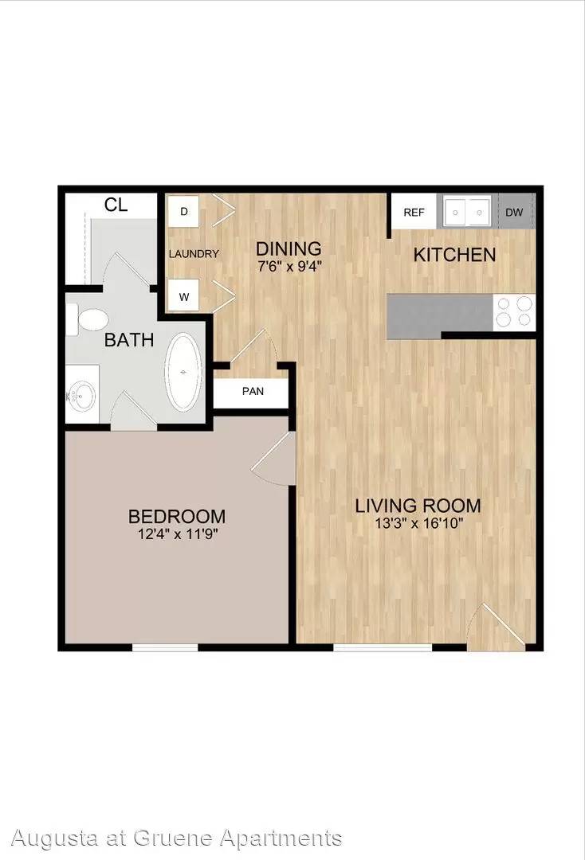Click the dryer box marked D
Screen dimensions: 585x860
point(184,211)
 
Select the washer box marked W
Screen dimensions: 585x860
point(184,297)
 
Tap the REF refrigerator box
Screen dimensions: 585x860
point(414,212)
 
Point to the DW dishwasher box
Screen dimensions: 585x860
point(514,212)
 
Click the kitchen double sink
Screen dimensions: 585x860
point(467,212)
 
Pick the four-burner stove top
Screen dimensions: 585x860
point(514,313)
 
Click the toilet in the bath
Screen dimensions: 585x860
point(87,320)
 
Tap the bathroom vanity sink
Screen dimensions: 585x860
point(82,394)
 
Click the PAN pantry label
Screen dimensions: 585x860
point(253,391)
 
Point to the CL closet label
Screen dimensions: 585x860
point(116,205)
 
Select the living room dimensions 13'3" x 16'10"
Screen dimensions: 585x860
point(418,522)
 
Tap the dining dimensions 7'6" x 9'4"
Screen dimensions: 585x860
point(289,267)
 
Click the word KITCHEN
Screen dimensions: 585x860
point(454,255)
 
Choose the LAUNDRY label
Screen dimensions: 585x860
point(194,254)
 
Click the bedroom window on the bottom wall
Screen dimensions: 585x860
point(165,647)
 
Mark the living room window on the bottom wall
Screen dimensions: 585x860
point(383,647)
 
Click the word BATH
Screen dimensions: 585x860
point(129,340)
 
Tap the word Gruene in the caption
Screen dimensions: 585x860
point(174,838)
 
